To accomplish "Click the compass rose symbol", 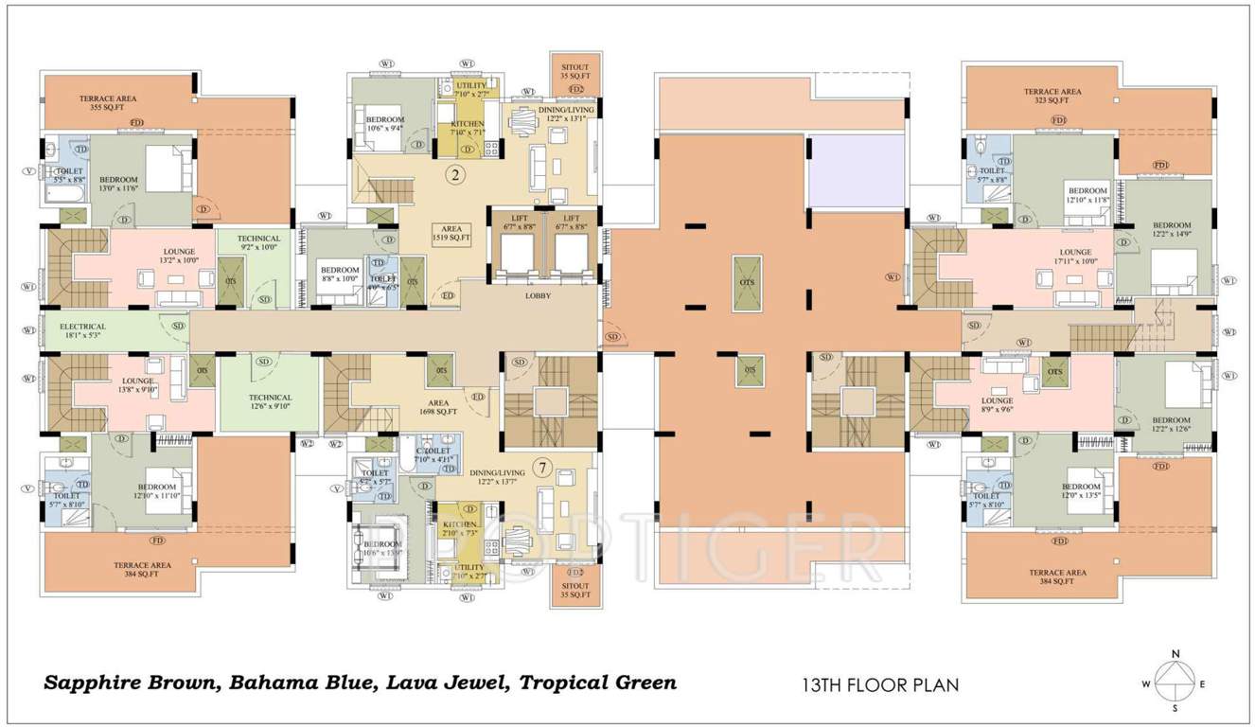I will click(x=1175, y=681).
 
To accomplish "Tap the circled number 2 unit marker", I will click(x=454, y=174).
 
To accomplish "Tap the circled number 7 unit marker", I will click(x=542, y=467).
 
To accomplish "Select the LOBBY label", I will click(x=538, y=296).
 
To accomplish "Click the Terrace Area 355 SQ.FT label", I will click(x=108, y=103).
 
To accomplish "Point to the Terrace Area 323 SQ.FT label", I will click(x=1052, y=96).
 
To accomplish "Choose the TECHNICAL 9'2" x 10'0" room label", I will click(x=258, y=243).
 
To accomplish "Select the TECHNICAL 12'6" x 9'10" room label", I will click(x=270, y=402).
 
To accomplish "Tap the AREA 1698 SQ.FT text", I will click(x=440, y=407).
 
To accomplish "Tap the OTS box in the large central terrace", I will click(x=746, y=282).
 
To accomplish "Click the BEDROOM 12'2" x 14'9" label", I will click(x=1171, y=229).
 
